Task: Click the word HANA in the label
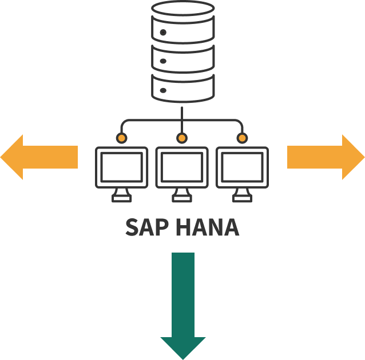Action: (207, 227)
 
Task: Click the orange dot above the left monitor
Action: (121, 138)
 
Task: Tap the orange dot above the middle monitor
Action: (182, 138)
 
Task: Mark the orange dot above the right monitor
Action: (242, 138)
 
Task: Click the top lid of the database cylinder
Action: (182, 9)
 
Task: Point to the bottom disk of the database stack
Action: (182, 89)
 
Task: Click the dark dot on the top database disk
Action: (163, 33)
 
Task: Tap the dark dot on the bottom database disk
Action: (163, 90)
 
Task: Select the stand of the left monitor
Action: (121, 195)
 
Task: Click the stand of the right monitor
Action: (242, 195)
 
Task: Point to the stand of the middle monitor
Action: (182, 195)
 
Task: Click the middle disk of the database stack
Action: (182, 59)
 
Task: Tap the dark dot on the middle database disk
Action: (163, 61)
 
